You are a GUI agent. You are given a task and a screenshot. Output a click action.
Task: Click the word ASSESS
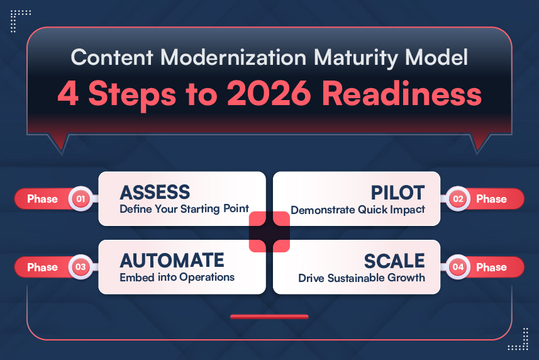(x=155, y=192)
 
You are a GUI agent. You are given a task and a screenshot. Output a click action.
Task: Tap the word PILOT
(x=397, y=193)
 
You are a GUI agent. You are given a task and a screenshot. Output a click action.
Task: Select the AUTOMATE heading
(x=172, y=261)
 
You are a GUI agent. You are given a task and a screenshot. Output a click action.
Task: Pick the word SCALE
(x=394, y=261)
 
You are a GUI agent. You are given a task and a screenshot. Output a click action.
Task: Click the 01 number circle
(x=81, y=199)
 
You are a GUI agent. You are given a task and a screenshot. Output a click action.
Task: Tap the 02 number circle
(x=458, y=199)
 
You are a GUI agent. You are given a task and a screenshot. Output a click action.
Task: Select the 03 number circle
(x=81, y=267)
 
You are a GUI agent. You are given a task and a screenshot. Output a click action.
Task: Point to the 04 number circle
(x=458, y=267)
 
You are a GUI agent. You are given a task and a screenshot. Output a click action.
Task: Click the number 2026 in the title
(x=269, y=94)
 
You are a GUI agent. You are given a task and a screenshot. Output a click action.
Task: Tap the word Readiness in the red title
(x=401, y=94)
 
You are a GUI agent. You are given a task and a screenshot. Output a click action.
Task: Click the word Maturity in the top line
(x=357, y=57)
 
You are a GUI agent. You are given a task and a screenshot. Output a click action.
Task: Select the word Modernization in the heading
(x=233, y=57)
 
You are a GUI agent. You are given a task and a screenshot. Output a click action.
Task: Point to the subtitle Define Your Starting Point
(x=184, y=209)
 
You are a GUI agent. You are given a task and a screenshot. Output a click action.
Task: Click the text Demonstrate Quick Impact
(x=358, y=210)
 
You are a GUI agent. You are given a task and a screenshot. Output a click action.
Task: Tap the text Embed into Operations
(x=177, y=277)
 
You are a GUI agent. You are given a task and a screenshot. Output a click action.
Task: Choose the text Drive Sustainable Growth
(x=362, y=278)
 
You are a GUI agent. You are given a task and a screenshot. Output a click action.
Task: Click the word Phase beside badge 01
(x=42, y=199)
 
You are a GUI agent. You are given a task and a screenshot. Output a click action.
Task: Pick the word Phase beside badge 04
(x=491, y=267)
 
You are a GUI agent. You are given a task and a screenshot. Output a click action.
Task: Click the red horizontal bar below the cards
(x=269, y=317)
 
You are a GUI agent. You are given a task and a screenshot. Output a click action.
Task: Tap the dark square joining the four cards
(x=269, y=232)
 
